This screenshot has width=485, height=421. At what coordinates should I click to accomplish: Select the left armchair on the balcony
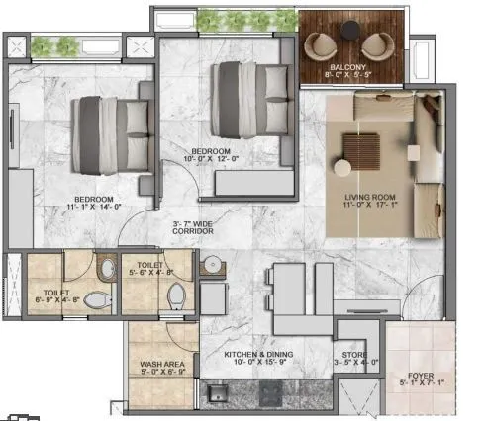click(x=323, y=45)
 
